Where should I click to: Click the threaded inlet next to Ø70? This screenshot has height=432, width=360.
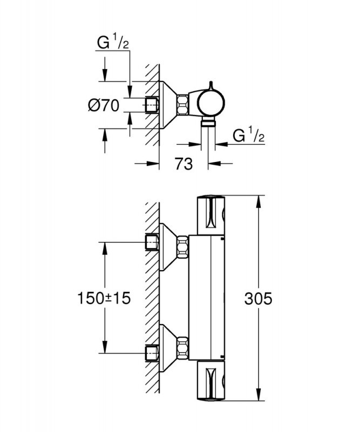[x=152, y=105]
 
